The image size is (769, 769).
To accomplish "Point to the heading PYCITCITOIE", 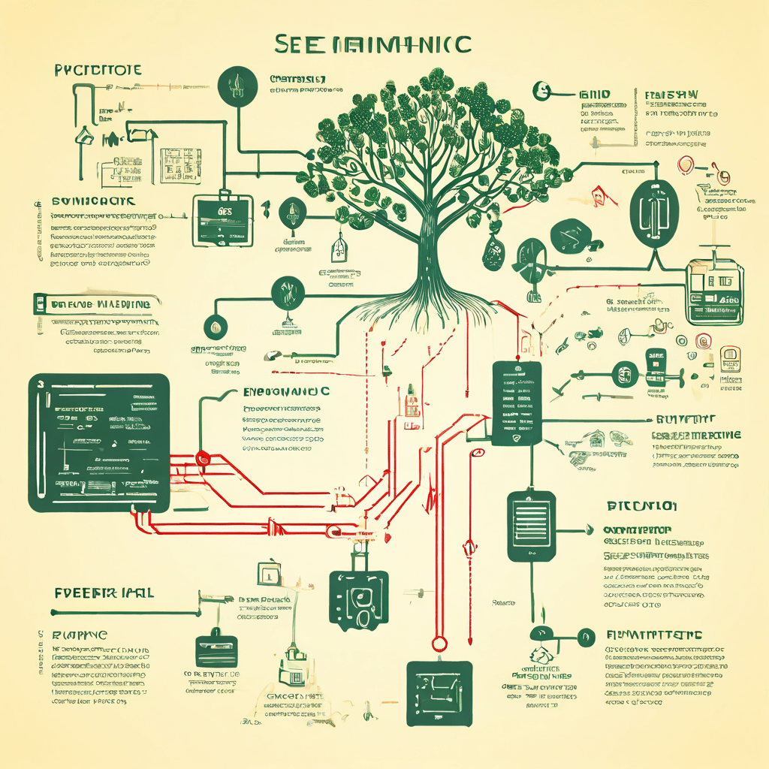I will (x=98, y=71).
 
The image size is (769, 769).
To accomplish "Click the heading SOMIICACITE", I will (x=92, y=202).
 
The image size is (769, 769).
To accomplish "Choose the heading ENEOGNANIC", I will (x=286, y=392).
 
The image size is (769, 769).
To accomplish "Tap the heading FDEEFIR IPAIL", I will (x=104, y=593).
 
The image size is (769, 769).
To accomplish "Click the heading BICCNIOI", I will (x=641, y=505).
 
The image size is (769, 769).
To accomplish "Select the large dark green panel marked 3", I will (x=99, y=443).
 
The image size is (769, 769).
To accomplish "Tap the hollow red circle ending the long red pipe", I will (x=439, y=644).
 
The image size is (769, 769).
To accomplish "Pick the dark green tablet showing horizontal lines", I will (x=531, y=526).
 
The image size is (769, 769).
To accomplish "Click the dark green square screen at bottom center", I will (x=439, y=693).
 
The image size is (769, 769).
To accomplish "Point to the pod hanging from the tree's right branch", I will (x=493, y=252).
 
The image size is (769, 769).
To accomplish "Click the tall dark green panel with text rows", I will (x=517, y=403).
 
